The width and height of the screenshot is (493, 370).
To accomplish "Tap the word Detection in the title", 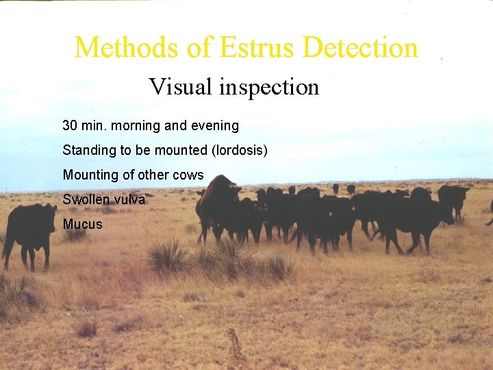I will click(x=360, y=48).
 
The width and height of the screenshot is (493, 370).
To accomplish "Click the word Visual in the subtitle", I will click(x=181, y=87).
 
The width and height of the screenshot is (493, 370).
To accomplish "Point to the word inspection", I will click(x=269, y=88).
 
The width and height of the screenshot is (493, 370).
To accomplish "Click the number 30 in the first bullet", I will click(x=69, y=126).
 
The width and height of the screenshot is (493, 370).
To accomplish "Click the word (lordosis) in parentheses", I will click(x=240, y=150).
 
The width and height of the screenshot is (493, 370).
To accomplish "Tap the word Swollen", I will click(x=84, y=199).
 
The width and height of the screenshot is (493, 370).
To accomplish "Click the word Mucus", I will click(x=82, y=224).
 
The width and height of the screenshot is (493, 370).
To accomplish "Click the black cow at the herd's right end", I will click(x=453, y=198).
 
